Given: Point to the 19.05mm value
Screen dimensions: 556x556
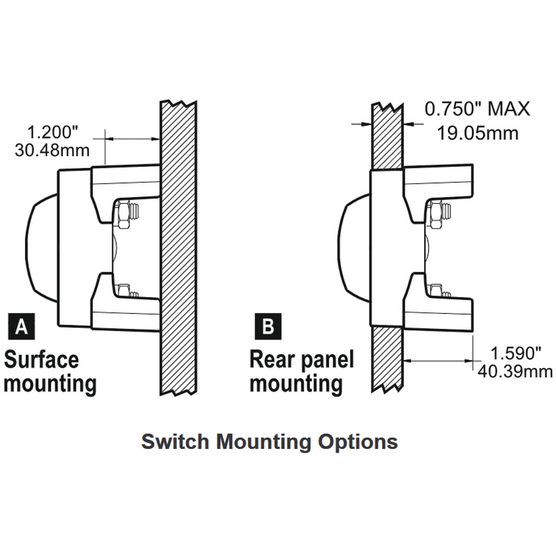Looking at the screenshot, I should click(x=477, y=132).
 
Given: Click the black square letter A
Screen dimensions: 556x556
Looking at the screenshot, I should click(x=21, y=327).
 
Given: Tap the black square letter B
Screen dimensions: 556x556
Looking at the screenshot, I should click(x=268, y=327).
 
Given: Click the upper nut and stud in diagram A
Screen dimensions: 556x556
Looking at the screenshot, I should click(x=127, y=214).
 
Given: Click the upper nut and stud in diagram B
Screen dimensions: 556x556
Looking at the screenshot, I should click(x=440, y=214).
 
